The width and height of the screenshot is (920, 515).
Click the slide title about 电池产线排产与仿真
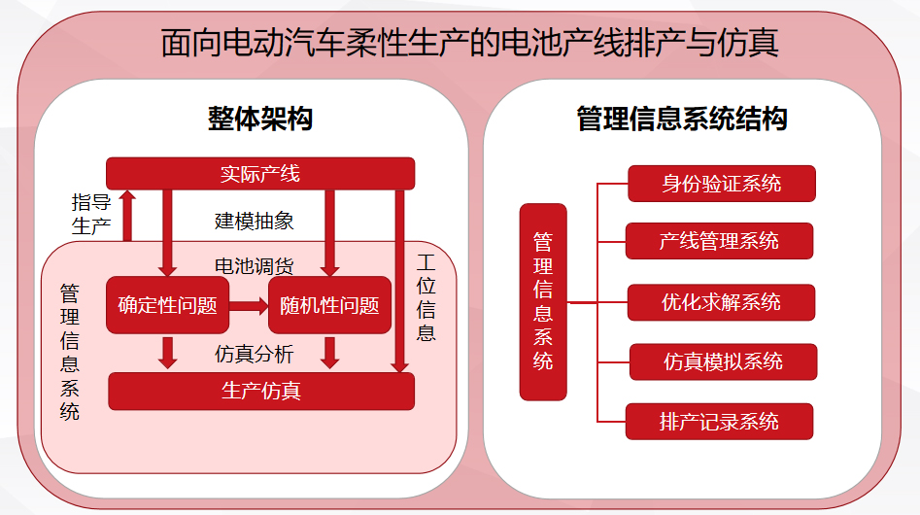pyautogui.click(x=469, y=43)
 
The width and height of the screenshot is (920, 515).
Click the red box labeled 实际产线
pyautogui.click(x=260, y=173)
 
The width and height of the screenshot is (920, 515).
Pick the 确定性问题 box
pyautogui.click(x=167, y=304)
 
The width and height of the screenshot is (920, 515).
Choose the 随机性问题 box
pyautogui.click(x=329, y=304)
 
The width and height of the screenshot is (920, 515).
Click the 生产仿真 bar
pyautogui.click(x=260, y=391)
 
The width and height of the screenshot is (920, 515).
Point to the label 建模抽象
pyautogui.click(x=254, y=221)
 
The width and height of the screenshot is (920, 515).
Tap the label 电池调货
pyautogui.click(x=254, y=265)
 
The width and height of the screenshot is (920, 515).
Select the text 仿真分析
pyautogui.click(x=254, y=354)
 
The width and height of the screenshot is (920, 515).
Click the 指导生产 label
pyautogui.click(x=92, y=215)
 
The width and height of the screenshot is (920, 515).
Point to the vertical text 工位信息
pyautogui.click(x=426, y=297)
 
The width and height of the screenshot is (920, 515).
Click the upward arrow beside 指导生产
pyautogui.click(x=127, y=215)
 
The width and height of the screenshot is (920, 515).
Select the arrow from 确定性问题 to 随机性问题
pyautogui.click(x=248, y=305)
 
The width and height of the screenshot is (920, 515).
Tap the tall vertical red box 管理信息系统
pyautogui.click(x=543, y=301)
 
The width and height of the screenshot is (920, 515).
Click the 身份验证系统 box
pyautogui.click(x=721, y=183)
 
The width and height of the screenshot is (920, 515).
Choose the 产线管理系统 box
pyautogui.click(x=719, y=241)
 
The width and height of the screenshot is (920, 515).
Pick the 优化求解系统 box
pyautogui.click(x=721, y=302)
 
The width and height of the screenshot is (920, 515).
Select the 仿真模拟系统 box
pyautogui.click(x=723, y=361)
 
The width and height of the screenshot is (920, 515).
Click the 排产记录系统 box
pyautogui.click(x=719, y=422)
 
